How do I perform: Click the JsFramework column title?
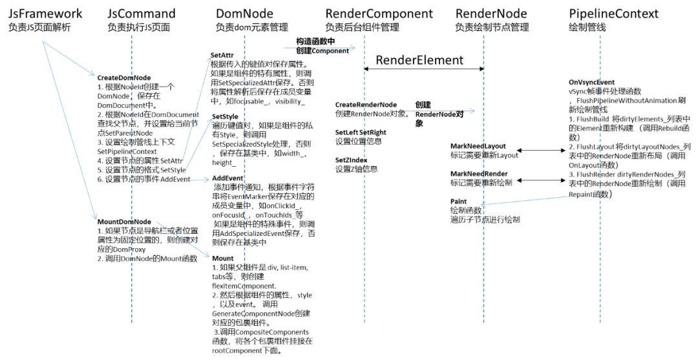coord(45,14)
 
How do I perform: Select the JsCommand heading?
coord(142,14)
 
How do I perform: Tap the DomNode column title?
coord(244,14)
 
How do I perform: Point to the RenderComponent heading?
coord(379,14)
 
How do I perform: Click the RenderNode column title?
coord(491,14)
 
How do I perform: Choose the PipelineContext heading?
coord(614,14)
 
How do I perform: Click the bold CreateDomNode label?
coord(124,78)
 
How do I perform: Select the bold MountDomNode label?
coord(124,222)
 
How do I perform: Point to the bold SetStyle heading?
coord(224,116)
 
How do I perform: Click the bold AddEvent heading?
coord(227,178)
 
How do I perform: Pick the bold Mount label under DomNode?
coord(223,258)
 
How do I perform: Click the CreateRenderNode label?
coord(366,105)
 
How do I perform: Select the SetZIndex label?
coord(352,160)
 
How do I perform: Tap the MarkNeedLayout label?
coord(478,146)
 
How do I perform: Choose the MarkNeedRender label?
coord(479,174)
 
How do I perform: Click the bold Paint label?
coord(460,202)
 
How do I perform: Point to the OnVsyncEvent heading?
coord(591,83)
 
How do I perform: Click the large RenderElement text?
coord(419,60)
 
